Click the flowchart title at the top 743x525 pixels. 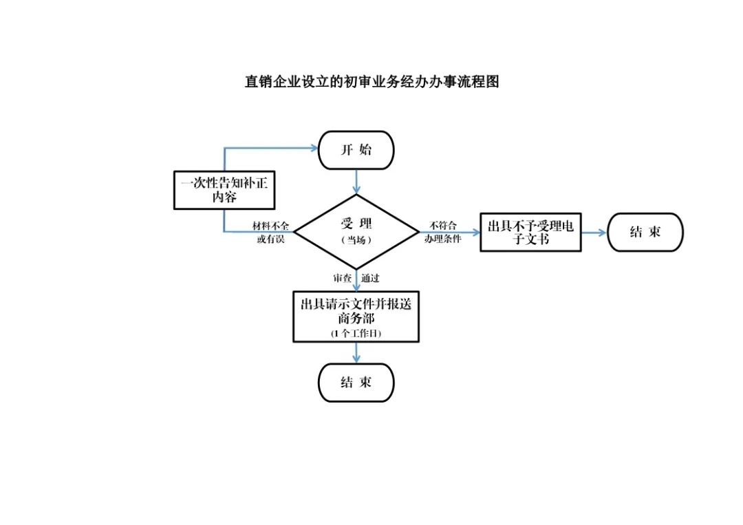pyautogui.click(x=371, y=82)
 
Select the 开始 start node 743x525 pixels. pyautogui.click(x=356, y=150)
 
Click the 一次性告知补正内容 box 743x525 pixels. pyautogui.click(x=224, y=190)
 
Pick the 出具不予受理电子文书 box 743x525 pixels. pyautogui.click(x=530, y=232)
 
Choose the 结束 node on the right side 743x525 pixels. pyautogui.click(x=645, y=232)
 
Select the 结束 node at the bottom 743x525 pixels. pyautogui.click(x=356, y=383)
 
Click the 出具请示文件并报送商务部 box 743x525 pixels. pyautogui.click(x=356, y=316)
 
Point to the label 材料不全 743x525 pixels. pyautogui.click(x=270, y=226)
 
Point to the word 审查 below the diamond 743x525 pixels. pyautogui.click(x=342, y=279)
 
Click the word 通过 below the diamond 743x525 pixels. pyautogui.click(x=370, y=279)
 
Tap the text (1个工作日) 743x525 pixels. pyautogui.click(x=356, y=333)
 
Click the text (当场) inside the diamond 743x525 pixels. pyautogui.click(x=356, y=240)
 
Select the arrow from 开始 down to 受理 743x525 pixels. pyautogui.click(x=356, y=182)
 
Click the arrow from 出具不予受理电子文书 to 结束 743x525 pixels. pyautogui.click(x=594, y=233)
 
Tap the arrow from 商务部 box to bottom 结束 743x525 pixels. pyautogui.click(x=356, y=352)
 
